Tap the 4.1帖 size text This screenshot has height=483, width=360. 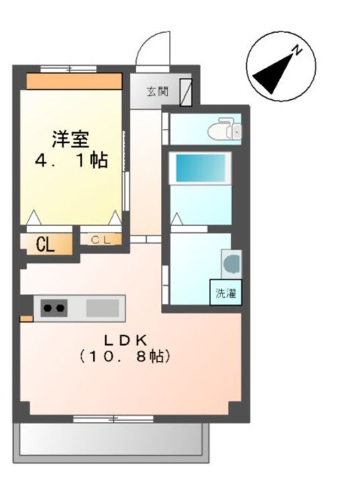click(72, 162)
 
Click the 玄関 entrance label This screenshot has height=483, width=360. click(158, 91)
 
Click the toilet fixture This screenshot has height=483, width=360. click(225, 129)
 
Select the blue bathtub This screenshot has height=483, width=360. click(200, 167)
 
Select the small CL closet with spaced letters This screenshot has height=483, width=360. click(101, 238)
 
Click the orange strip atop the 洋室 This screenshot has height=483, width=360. click(74, 81)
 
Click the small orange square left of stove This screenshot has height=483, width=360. click(25, 317)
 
